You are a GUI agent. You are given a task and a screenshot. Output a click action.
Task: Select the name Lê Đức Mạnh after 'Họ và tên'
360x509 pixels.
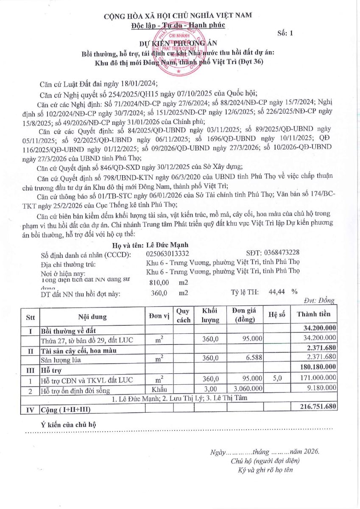167,245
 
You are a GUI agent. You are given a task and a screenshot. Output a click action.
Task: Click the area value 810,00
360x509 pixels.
159,282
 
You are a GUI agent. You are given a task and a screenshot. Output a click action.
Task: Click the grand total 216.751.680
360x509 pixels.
314,406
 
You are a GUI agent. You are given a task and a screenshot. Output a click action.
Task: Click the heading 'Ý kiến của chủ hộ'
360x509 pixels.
69,424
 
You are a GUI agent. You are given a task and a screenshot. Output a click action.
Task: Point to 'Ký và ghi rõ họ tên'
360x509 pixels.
265,470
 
